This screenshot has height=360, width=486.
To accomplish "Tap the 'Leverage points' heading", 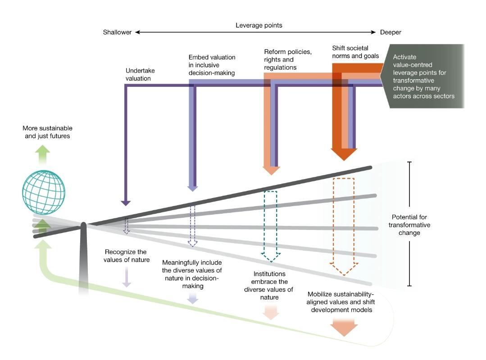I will click(259, 25).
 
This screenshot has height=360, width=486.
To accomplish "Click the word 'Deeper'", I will click(390, 32).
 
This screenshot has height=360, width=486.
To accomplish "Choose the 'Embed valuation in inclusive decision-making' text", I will click(212, 65).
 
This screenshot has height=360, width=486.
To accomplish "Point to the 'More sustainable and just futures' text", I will click(47, 132).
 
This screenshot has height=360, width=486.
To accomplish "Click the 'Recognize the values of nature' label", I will click(127, 256).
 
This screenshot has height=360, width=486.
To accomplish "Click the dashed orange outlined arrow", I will click(344, 225).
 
